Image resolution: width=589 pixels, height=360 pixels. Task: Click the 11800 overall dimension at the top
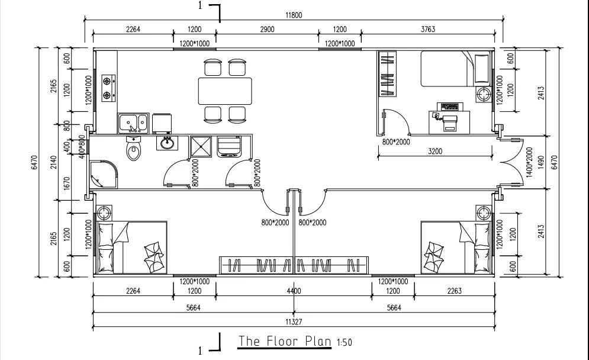point(294,16)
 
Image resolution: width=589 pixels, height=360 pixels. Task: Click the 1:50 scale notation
point(343,342)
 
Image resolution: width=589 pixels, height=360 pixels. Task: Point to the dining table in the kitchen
point(224,91)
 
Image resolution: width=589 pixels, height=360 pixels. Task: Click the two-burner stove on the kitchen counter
point(107,86)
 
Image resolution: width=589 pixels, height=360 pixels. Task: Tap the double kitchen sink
point(133,123)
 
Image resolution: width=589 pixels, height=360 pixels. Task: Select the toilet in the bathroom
point(134,149)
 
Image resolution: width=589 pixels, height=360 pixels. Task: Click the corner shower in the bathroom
point(103,175)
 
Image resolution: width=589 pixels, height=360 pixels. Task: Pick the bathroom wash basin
point(168,143)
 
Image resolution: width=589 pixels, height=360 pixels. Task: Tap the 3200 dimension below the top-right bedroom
point(435,152)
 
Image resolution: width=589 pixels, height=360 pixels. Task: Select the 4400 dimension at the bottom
point(294,291)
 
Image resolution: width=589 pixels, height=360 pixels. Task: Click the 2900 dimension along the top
point(267,29)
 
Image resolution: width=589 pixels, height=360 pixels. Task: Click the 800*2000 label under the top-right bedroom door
point(396,142)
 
